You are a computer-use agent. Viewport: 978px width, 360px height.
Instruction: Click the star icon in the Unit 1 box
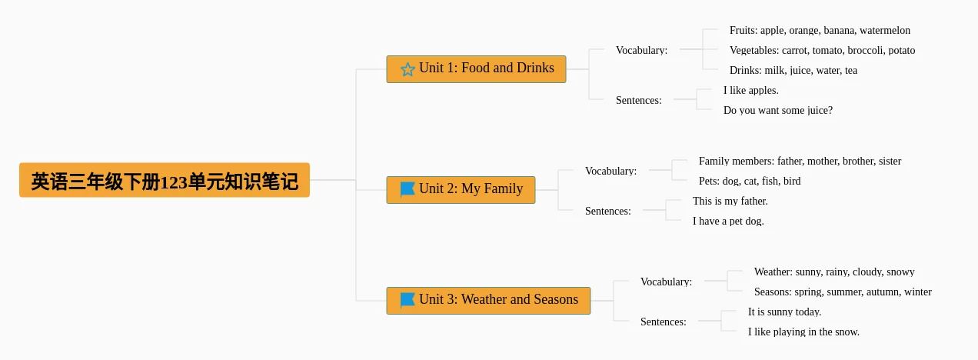tap(407, 69)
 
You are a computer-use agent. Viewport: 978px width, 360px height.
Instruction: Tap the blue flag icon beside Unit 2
tap(407, 189)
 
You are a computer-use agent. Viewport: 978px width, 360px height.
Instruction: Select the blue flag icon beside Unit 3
tap(407, 301)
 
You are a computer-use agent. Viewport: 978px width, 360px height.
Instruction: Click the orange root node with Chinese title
tap(165, 180)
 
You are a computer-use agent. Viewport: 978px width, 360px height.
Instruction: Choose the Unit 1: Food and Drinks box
tap(477, 69)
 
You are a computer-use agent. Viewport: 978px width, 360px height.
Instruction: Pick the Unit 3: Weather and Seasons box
tap(488, 301)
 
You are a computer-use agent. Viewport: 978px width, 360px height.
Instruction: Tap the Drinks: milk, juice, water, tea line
tap(793, 70)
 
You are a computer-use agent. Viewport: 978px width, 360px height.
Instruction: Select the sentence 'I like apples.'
tap(751, 91)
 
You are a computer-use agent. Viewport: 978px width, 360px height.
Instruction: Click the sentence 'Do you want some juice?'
tap(778, 111)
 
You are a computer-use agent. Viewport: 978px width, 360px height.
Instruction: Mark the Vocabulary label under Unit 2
tap(610, 171)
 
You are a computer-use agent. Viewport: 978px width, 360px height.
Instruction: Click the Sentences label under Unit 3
tap(664, 322)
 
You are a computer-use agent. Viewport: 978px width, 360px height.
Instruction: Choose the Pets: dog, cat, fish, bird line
tap(750, 181)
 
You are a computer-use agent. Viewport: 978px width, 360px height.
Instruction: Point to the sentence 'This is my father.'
tap(730, 201)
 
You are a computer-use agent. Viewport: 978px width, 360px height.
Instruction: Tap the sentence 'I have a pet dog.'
tap(728, 221)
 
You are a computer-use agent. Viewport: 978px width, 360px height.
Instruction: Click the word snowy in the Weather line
tap(900, 272)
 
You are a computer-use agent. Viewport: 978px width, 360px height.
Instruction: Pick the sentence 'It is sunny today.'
tap(784, 312)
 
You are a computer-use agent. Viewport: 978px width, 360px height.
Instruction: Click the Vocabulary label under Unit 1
tap(642, 50)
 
